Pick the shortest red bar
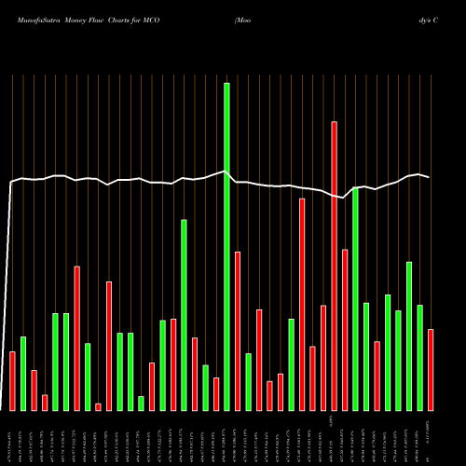coord(98,406)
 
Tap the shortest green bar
coord(141,403)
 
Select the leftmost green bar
coord(23,373)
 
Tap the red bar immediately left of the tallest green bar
coord(216,393)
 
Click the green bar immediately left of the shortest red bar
coord(88,377)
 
